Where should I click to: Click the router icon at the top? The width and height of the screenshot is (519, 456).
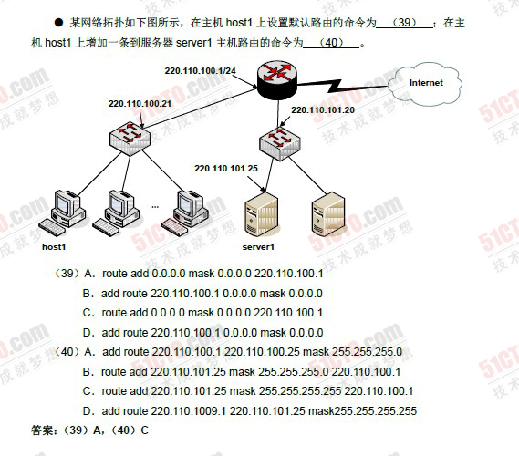click(277, 81)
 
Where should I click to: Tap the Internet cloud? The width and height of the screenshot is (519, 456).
click(425, 83)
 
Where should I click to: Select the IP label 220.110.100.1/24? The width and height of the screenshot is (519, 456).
click(201, 71)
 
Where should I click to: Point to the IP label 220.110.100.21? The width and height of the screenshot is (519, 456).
click(140, 104)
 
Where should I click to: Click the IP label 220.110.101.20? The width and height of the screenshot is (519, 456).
click(323, 109)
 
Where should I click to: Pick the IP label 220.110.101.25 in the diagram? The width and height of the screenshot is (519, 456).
click(226, 168)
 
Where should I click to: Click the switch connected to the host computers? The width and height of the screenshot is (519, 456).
click(130, 138)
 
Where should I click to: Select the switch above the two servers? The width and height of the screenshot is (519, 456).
click(280, 143)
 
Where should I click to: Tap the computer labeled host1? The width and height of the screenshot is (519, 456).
click(63, 212)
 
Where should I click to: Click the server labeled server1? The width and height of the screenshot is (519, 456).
click(261, 214)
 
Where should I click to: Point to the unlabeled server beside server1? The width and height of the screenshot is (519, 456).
click(328, 214)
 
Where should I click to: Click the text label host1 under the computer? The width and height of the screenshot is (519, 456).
click(54, 247)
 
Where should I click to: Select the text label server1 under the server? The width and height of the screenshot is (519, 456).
click(258, 247)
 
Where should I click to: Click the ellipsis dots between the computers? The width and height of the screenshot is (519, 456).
click(155, 207)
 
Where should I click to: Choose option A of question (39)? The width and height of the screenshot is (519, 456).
click(203, 274)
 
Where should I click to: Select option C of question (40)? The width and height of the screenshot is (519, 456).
click(248, 391)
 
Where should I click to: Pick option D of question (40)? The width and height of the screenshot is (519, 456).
click(250, 411)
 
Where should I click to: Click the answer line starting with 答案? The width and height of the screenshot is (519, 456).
click(89, 430)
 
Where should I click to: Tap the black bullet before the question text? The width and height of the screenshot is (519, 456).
click(58, 23)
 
